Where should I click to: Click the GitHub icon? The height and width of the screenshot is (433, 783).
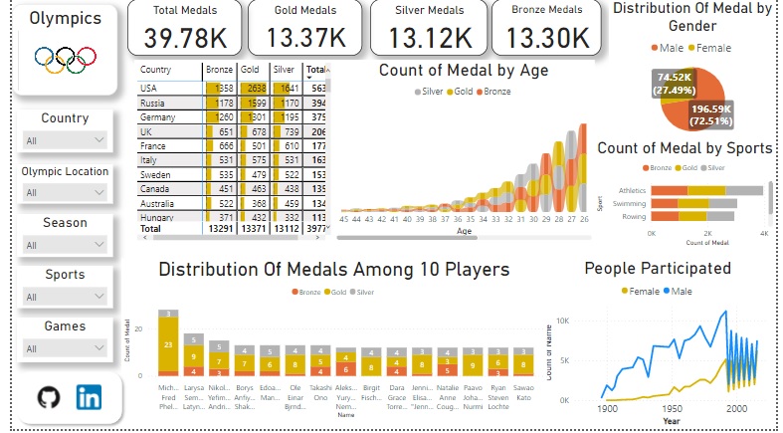pos(48,397)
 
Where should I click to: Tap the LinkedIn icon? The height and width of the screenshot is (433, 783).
pos(90,397)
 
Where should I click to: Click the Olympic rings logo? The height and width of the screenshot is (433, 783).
pos(66,59)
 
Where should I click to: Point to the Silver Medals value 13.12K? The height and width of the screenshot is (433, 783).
pos(430,38)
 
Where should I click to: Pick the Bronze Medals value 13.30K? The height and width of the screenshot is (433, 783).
pos(546,38)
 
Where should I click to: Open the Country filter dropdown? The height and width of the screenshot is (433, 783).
pos(65,140)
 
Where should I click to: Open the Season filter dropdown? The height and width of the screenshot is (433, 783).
pos(65,245)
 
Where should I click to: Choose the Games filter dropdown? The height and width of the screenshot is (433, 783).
pos(65,348)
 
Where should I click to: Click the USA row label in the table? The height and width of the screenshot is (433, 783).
pos(149,88)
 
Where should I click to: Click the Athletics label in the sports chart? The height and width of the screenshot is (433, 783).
pos(632,189)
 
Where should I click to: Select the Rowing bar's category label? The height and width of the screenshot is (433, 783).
pos(634,216)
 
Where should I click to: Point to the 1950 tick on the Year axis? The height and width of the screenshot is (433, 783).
pos(673,408)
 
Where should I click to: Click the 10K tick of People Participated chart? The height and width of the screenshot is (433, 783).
pos(562,321)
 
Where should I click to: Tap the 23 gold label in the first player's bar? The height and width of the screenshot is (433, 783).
pos(169,344)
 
